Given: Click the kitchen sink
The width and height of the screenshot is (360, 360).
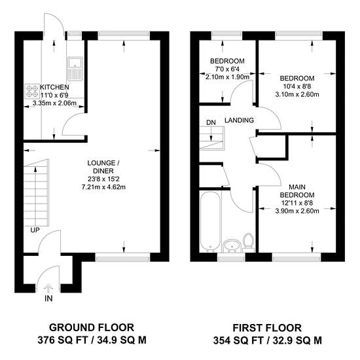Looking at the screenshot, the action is pyautogui.click(x=75, y=69).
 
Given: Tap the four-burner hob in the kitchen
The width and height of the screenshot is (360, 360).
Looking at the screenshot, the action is pyautogui.click(x=32, y=91).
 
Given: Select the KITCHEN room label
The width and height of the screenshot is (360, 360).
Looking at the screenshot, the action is pyautogui.click(x=54, y=87).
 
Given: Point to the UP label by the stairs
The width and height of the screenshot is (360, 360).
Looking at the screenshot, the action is pyautogui.click(x=35, y=230).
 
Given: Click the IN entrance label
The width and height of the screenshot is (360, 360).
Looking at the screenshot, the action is pyautogui.click(x=48, y=298).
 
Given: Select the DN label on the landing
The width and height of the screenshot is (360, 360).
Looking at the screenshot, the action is pyautogui.click(x=211, y=122).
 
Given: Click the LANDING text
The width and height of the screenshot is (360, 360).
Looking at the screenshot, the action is pyautogui.click(x=239, y=120).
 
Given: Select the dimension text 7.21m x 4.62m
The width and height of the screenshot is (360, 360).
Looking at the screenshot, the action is pyautogui.click(x=103, y=187).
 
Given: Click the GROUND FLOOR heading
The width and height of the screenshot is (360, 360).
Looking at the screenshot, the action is pyautogui.click(x=92, y=327).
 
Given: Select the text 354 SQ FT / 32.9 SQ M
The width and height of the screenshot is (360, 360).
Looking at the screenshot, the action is pyautogui.click(x=267, y=340).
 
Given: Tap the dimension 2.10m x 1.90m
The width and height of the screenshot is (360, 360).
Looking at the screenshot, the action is pyautogui.click(x=227, y=77).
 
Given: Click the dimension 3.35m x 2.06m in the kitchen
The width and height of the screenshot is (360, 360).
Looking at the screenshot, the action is pyautogui.click(x=54, y=103).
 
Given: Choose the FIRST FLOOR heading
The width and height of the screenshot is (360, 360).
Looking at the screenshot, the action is pyautogui.click(x=267, y=328).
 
